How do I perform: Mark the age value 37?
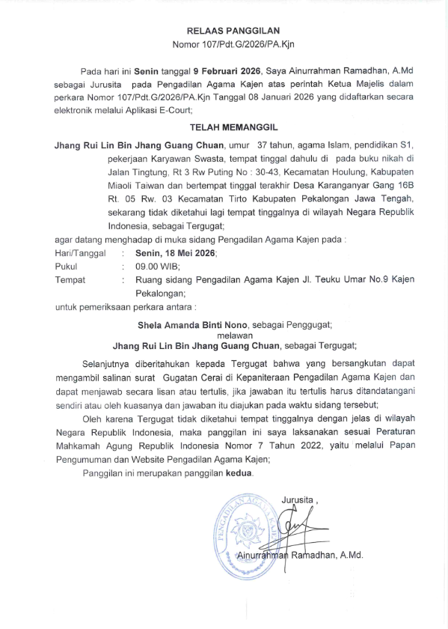click(x=264, y=143)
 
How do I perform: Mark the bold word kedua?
click(x=240, y=474)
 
